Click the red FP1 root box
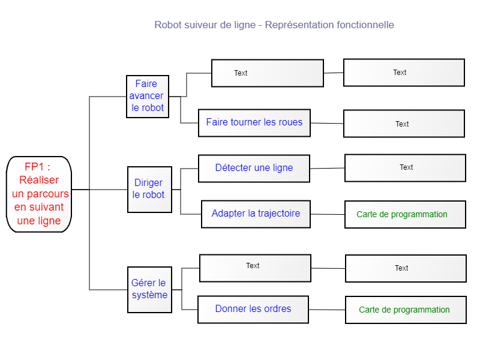(x=39, y=194)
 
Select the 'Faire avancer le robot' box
(x=148, y=97)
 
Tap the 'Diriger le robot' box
(x=149, y=190)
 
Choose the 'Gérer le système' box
(x=149, y=290)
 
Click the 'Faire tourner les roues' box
(x=254, y=123)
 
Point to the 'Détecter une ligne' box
(x=254, y=169)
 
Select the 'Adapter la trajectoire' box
(x=256, y=214)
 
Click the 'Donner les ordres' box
(x=253, y=310)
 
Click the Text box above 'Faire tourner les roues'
(x=268, y=73)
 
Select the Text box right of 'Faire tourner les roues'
(x=404, y=124)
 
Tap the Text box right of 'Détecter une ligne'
(x=406, y=168)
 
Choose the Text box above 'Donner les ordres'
(x=256, y=268)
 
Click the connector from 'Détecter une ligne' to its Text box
(x=327, y=169)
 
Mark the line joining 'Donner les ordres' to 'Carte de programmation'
(x=327, y=310)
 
